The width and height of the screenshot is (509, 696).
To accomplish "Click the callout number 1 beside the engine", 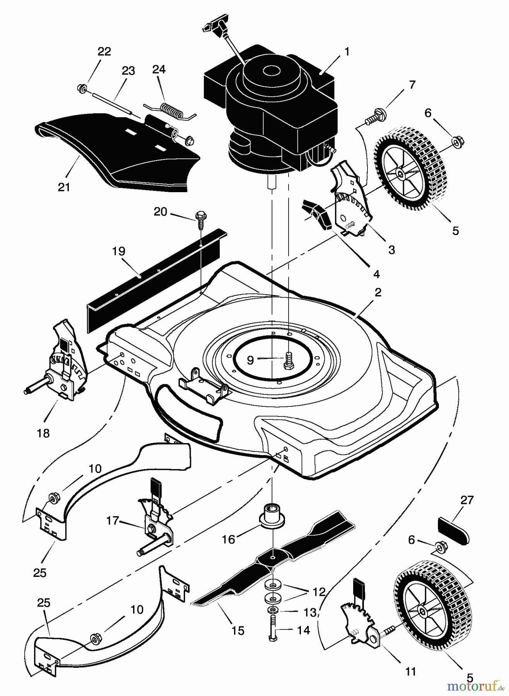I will pyautogui.click(x=347, y=52).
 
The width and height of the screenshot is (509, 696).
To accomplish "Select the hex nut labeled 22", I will pyautogui.click(x=82, y=87).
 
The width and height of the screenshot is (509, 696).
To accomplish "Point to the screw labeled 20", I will pyautogui.click(x=201, y=218).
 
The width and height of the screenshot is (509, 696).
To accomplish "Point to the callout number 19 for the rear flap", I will pyautogui.click(x=119, y=251).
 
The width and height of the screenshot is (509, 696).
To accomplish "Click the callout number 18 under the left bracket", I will pyautogui.click(x=43, y=433).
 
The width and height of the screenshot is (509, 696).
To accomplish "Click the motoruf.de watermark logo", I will pyautogui.click(x=475, y=686).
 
